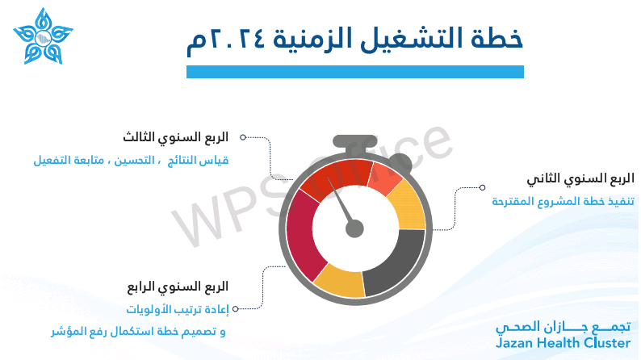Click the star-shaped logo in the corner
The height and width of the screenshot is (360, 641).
tap(43, 37)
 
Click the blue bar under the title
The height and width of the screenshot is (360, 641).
tap(355, 72)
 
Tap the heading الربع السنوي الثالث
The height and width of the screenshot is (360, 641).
tap(176, 137)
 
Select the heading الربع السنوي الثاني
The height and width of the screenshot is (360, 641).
tap(580, 178)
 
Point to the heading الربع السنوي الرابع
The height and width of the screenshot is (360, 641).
tap(178, 287)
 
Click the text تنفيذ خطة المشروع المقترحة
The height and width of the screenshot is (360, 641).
tap(563, 201)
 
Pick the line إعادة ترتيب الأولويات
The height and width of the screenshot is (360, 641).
tap(178, 309)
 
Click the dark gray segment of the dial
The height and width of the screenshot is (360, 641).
tap(395, 262)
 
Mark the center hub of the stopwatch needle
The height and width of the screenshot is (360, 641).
tap(354, 228)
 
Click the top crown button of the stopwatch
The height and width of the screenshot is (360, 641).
tap(355, 141)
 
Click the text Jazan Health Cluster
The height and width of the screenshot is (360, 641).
tap(563, 343)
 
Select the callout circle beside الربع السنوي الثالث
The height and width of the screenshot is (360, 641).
tap(243, 137)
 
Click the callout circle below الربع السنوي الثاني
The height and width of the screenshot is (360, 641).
tap(483, 187)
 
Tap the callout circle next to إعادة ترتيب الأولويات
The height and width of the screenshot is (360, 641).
tap(236, 309)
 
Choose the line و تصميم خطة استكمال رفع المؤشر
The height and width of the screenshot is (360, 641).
tap(138, 332)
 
